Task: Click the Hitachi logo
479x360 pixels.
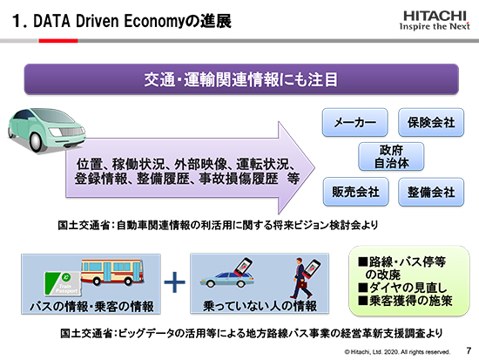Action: (435, 21)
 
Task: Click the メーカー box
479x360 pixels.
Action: (354, 122)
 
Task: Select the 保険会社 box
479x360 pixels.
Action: (431, 122)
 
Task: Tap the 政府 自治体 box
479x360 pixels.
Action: (391, 156)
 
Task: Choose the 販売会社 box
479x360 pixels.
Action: (356, 192)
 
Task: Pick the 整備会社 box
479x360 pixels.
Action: (431, 192)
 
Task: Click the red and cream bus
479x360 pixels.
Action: (112, 272)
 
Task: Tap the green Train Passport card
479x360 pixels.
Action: (64, 283)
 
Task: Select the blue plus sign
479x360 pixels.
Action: (175, 282)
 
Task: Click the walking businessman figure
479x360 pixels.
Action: (300, 278)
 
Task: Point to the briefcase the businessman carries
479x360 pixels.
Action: (304, 285)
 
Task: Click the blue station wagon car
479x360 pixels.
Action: (227, 280)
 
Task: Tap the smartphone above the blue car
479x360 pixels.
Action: (243, 268)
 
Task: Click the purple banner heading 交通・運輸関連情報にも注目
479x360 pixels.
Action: (241, 79)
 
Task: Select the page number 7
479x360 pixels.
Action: (469, 350)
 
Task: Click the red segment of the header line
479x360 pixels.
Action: (58, 41)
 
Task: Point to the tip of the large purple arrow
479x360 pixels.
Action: (314, 167)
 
